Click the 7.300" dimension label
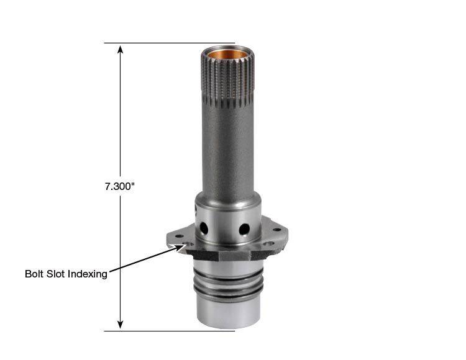point(119,186)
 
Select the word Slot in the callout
point(54,274)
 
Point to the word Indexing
point(88,274)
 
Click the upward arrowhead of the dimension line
point(120,49)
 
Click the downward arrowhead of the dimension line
point(120,325)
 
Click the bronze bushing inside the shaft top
point(227,55)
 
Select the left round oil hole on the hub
point(204,228)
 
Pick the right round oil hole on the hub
point(244,229)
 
